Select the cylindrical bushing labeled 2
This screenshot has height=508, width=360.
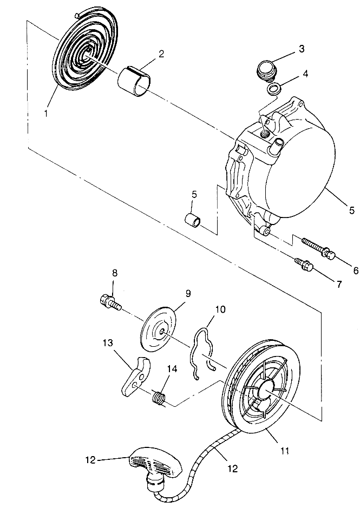[134, 81]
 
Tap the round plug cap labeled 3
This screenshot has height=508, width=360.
[266, 69]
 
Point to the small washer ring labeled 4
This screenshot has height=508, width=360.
[274, 89]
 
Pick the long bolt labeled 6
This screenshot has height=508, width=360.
[318, 248]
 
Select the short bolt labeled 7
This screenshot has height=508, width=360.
[304, 265]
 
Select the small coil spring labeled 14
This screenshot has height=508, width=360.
[158, 398]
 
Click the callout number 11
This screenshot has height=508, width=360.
[284, 450]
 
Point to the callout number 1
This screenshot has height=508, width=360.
[45, 114]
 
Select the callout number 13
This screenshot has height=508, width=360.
[109, 343]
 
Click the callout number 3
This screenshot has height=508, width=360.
[302, 49]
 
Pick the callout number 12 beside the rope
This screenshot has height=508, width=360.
[233, 469]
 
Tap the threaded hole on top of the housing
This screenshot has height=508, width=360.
[265, 134]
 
